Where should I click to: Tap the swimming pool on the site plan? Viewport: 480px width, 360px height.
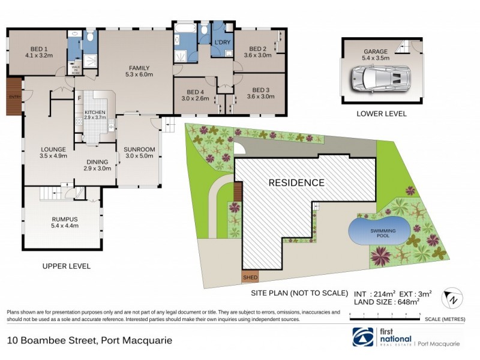click(379, 232)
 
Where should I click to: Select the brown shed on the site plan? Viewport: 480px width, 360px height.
click(250, 278)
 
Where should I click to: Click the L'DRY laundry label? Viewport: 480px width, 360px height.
click(223, 43)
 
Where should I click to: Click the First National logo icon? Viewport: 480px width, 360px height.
click(363, 338)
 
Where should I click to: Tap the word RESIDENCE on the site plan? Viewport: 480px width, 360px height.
click(296, 182)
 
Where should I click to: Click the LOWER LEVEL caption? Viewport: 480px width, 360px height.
click(381, 113)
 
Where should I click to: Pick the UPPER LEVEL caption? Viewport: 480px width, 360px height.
click(66, 266)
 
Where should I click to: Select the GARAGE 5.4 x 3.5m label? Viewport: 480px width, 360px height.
click(376, 55)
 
